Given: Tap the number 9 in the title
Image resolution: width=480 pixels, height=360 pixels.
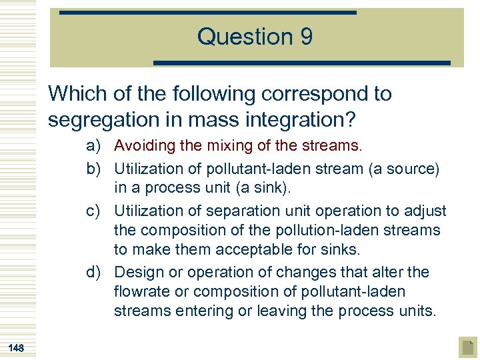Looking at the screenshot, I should tap(305, 36).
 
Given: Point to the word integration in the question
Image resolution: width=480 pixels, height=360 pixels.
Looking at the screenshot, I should tap(312, 120).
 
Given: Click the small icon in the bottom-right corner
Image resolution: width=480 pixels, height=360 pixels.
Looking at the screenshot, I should tap(467, 347).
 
